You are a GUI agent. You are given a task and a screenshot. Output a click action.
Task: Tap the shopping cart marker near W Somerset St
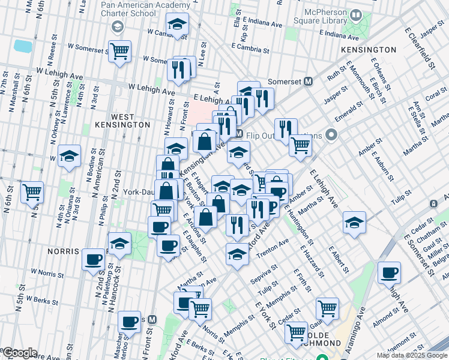point(119,50)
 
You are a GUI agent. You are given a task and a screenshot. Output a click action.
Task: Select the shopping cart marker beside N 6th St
point(32,192)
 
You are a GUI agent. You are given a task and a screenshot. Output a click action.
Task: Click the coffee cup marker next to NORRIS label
point(93,259)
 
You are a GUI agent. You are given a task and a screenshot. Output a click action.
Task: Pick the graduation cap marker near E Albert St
point(354,222)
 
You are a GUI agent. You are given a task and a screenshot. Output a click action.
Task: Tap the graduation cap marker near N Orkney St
point(70,157)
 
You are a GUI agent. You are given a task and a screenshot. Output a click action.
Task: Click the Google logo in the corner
point(20,353)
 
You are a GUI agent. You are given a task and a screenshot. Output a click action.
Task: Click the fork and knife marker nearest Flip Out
point(286,128)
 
